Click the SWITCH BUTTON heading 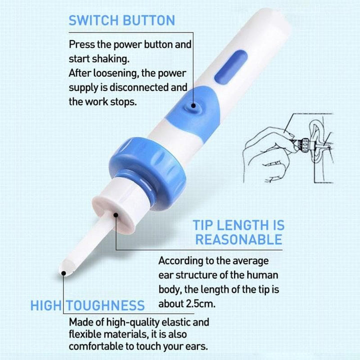121,20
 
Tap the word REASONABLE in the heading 238,239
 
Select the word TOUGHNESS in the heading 105,305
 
